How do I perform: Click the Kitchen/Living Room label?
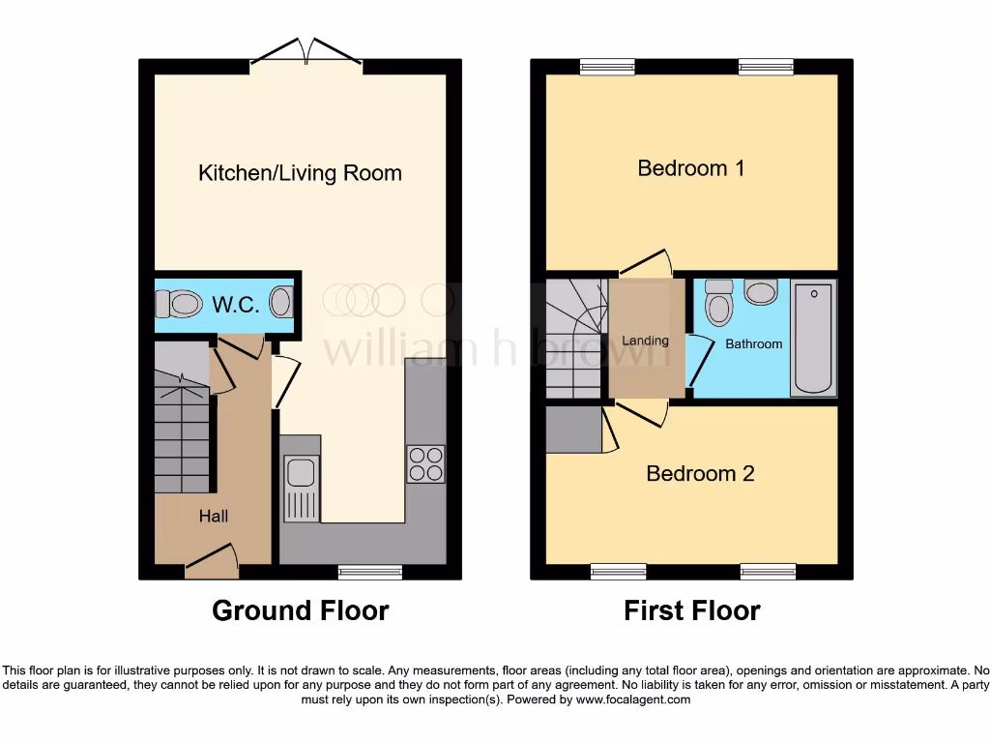(x=300, y=173)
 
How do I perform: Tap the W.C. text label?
(x=235, y=305)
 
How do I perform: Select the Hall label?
(x=214, y=517)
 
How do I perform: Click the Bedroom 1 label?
(x=690, y=168)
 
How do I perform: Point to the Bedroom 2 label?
(x=700, y=473)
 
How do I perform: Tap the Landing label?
(x=645, y=341)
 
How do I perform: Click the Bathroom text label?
(x=753, y=343)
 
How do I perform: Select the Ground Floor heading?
(x=300, y=610)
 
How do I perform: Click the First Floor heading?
(x=691, y=610)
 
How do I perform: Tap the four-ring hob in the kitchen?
(x=425, y=463)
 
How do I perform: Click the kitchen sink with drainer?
(x=301, y=489)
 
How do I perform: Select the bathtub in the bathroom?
(x=813, y=338)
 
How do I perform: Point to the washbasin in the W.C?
(x=280, y=302)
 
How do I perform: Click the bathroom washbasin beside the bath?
(x=762, y=291)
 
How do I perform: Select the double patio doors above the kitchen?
(x=306, y=54)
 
